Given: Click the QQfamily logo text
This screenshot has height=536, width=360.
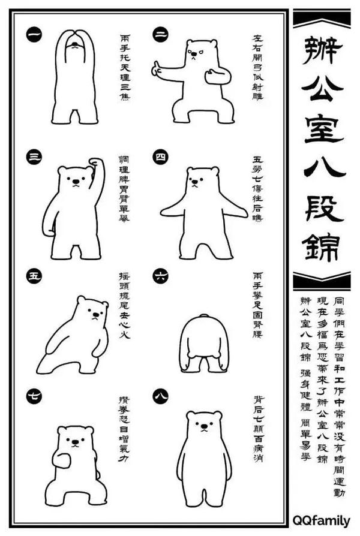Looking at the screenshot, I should click(322, 519).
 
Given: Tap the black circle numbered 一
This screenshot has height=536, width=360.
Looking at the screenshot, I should click(34, 35).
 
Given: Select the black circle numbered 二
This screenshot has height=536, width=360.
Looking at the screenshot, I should click(160, 35).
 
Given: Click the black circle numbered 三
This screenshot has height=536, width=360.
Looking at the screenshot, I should click(34, 157).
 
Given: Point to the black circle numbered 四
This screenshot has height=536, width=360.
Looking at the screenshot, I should click(160, 157).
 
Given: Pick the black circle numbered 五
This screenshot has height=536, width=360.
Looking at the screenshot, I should click(34, 276).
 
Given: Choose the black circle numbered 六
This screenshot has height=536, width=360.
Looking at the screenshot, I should click(160, 276).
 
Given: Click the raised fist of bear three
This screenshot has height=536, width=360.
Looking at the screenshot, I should click(95, 162).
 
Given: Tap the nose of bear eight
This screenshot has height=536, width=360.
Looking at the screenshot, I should click(204, 427).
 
